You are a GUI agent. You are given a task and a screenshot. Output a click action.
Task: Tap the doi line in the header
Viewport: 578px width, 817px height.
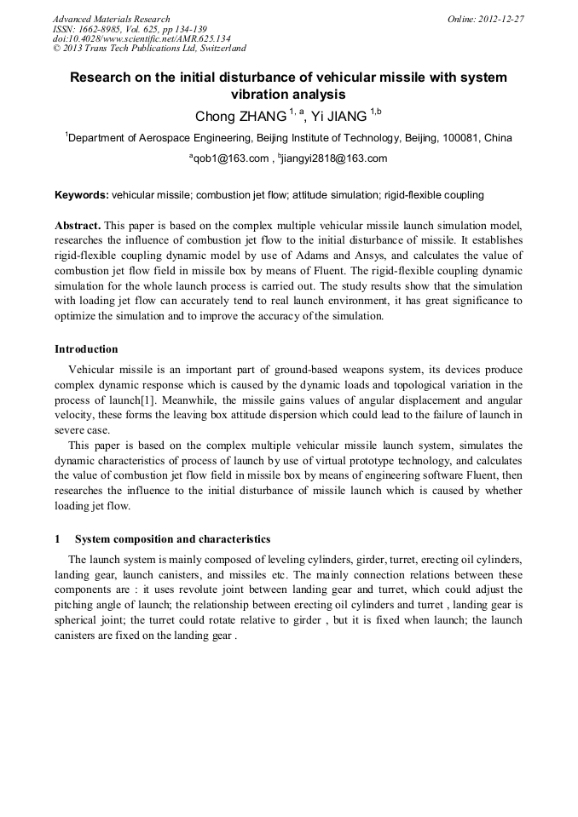coord(142,38)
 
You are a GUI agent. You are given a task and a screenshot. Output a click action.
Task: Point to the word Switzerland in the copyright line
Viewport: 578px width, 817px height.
coord(217,49)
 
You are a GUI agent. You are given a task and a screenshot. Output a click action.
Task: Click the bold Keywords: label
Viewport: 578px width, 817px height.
coord(82,195)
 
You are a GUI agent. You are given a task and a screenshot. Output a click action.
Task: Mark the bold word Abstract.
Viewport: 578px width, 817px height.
coord(78,226)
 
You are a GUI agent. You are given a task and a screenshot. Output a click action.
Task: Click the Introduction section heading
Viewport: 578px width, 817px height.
coord(86,349)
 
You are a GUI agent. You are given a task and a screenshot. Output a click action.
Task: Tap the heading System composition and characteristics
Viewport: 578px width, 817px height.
coord(173,539)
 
